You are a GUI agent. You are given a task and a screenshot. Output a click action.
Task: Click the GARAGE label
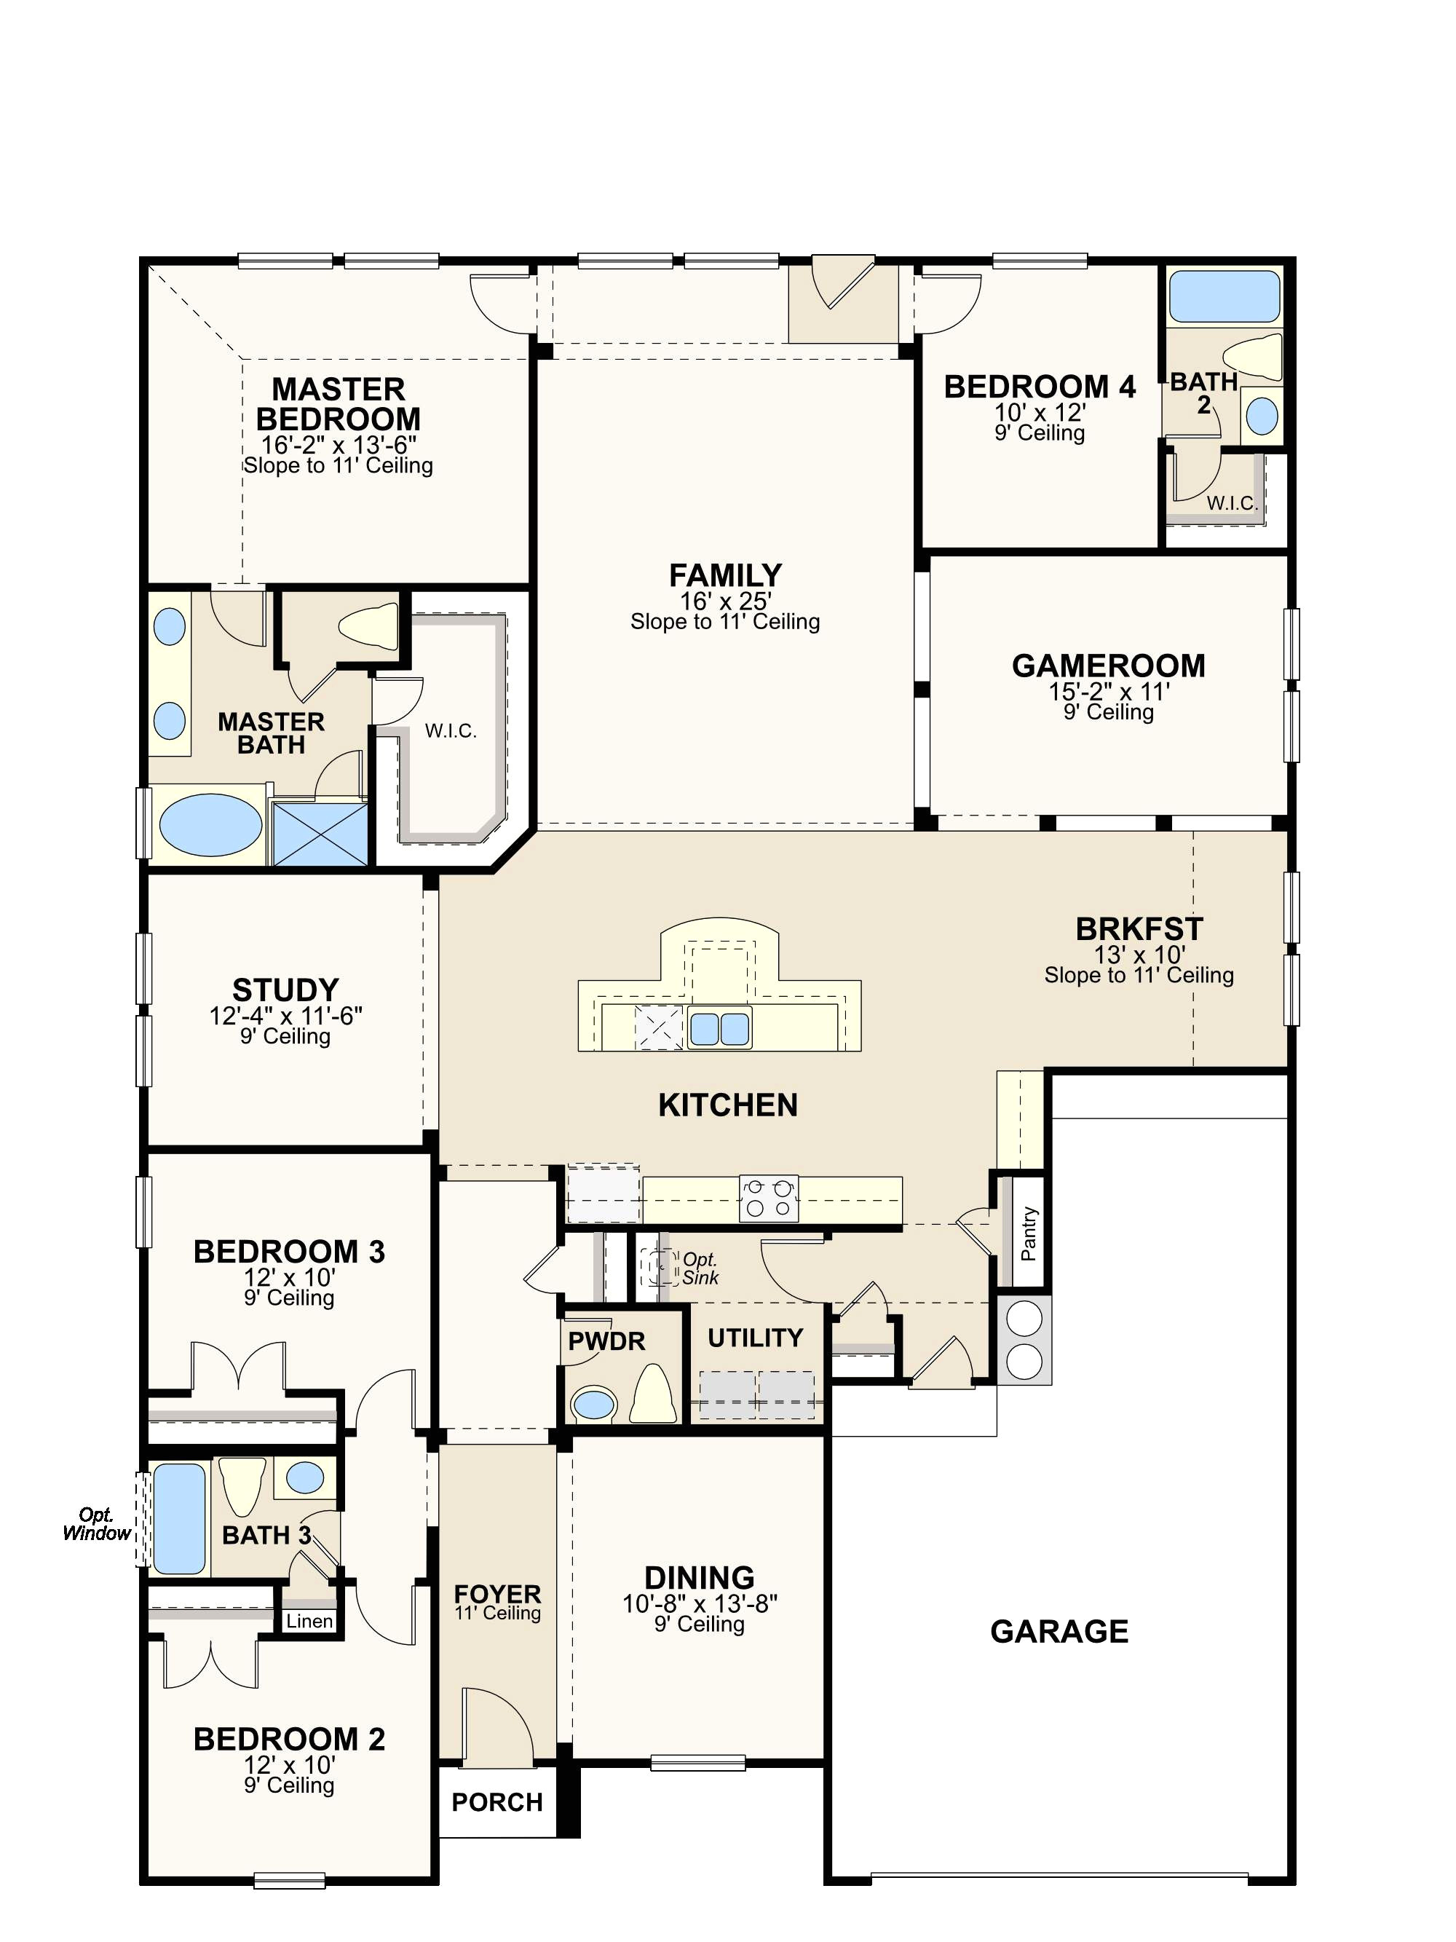[x=1059, y=1631]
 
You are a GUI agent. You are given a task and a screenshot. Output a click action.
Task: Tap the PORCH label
[x=496, y=1802]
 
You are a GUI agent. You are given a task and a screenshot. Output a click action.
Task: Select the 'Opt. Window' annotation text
[x=97, y=1524]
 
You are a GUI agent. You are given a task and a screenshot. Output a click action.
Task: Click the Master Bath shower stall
[x=320, y=833]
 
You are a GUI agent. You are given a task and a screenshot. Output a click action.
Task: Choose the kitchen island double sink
[x=720, y=1028]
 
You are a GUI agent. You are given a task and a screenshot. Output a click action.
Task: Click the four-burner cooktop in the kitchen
[x=769, y=1199]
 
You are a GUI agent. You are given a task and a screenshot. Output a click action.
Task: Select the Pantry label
[x=1029, y=1234]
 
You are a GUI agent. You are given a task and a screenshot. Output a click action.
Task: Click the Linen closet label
[x=310, y=1621]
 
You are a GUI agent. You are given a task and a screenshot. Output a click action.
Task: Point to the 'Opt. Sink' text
[x=700, y=1268]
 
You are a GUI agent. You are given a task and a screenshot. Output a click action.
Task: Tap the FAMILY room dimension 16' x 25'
[x=725, y=601]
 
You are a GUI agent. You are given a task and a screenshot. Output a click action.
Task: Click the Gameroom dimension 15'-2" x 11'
[x=1109, y=692]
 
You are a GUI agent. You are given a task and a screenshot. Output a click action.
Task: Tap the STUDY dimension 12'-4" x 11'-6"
[x=285, y=1016]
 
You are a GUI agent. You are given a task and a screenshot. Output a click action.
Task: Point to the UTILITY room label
[x=756, y=1338]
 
